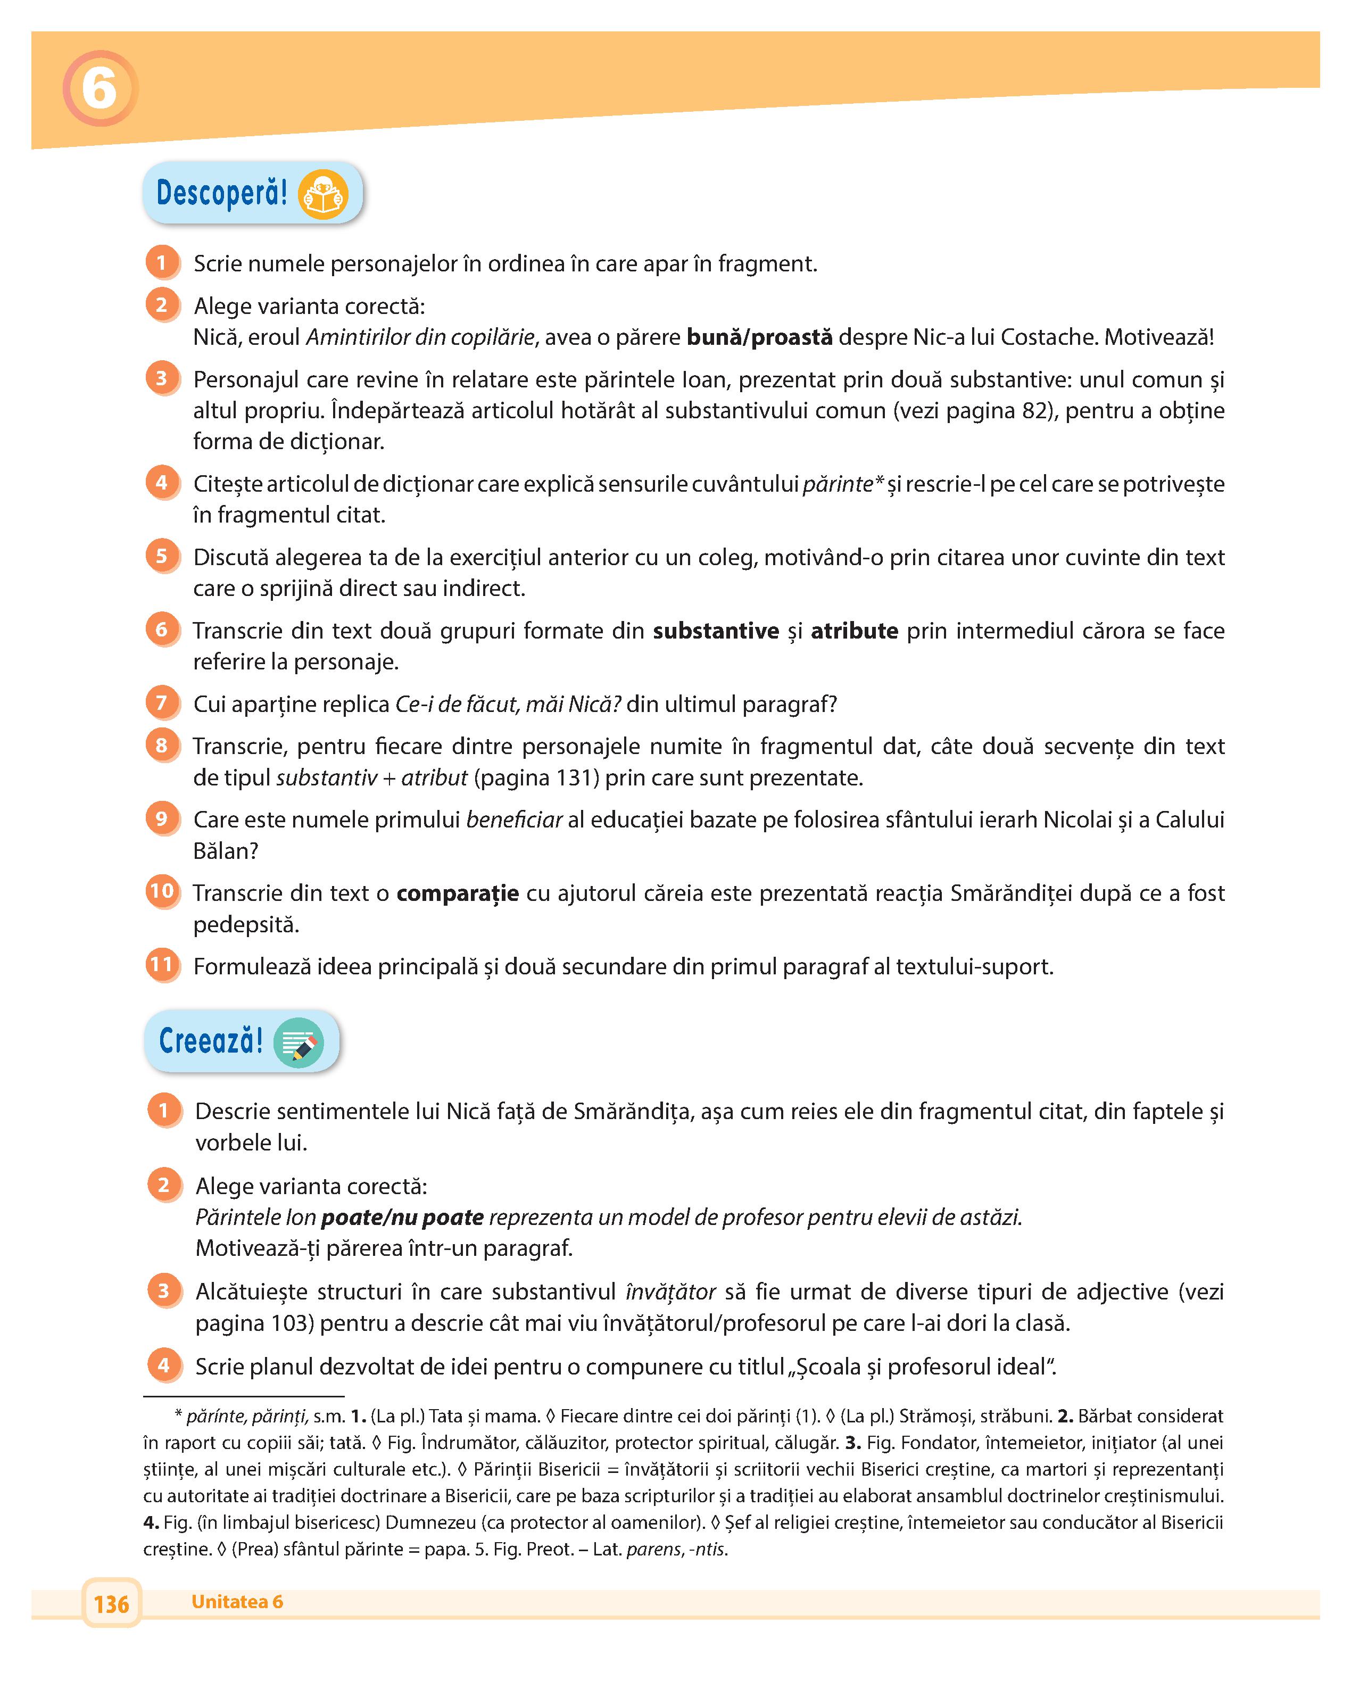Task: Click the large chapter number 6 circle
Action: coord(100,88)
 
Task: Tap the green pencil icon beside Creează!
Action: coord(298,1044)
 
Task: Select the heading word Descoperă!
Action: coord(222,193)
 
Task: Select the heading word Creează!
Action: coord(210,1041)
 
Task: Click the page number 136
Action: coord(111,1603)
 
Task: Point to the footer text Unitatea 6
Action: coord(237,1602)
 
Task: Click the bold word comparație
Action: coord(457,893)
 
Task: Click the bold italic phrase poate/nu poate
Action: coord(402,1218)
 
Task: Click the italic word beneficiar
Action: coord(514,820)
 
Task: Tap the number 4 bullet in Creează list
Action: coord(164,1365)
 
